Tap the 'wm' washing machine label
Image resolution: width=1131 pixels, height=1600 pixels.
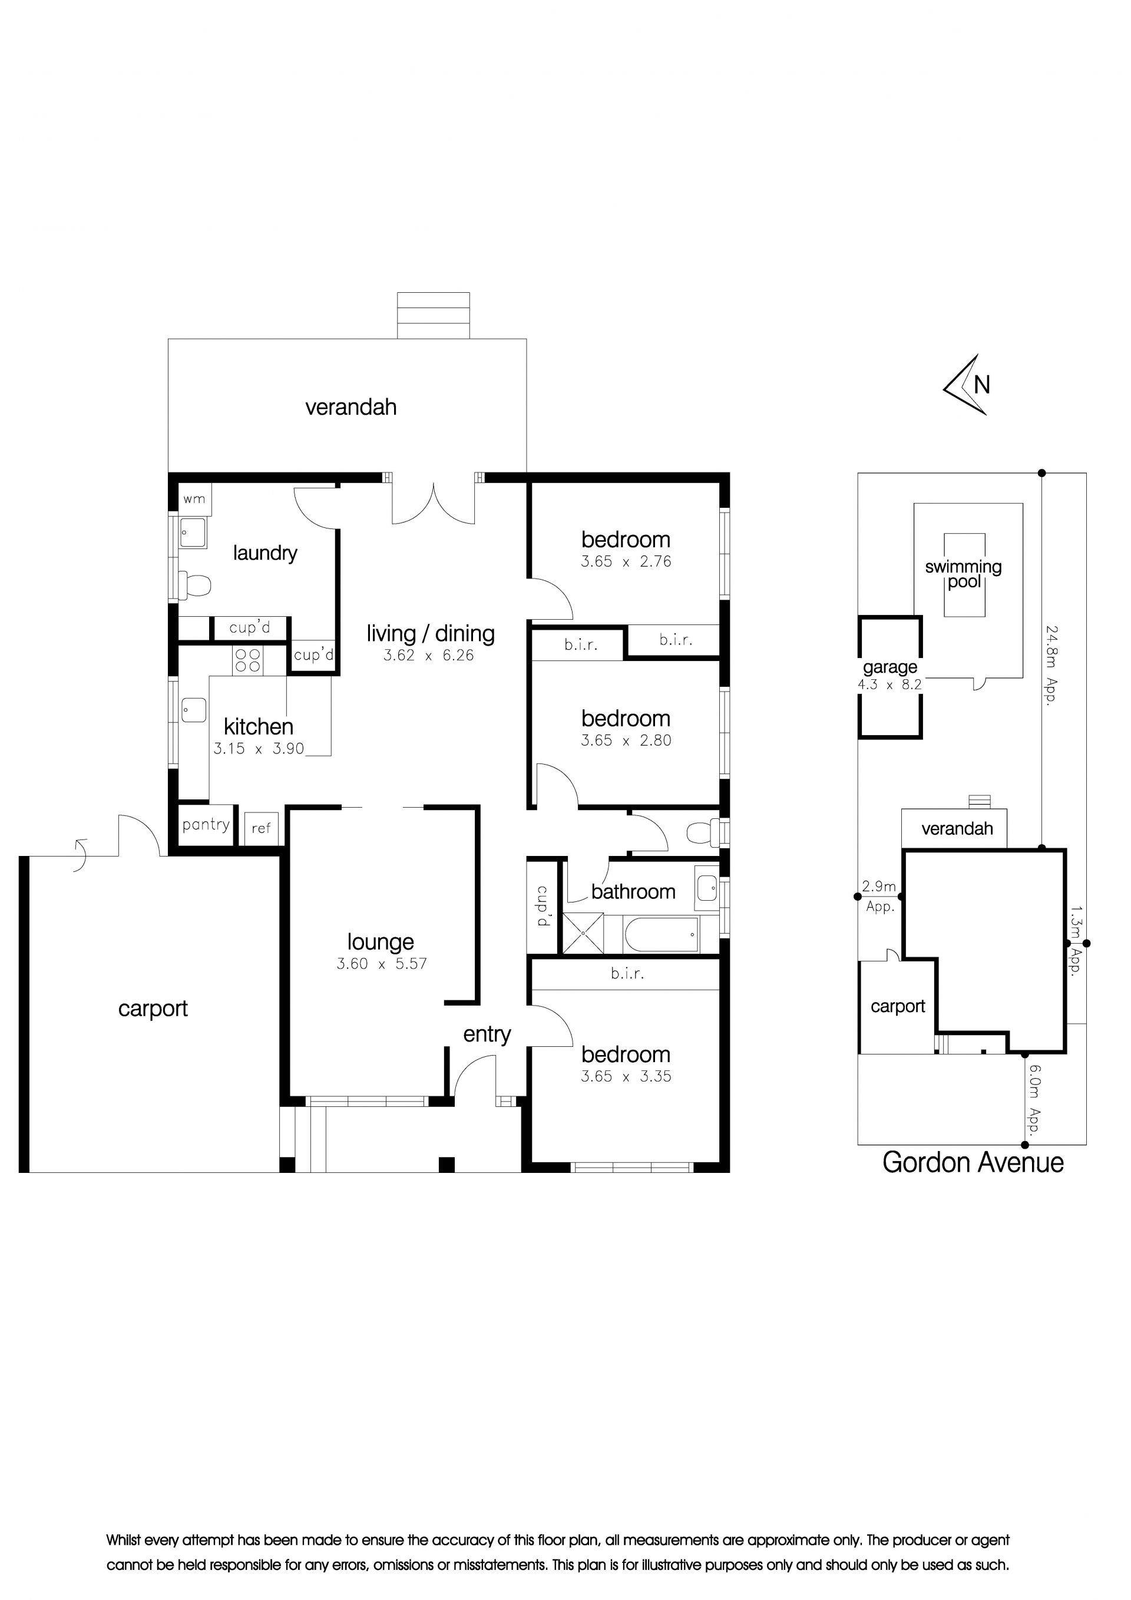pyautogui.click(x=194, y=499)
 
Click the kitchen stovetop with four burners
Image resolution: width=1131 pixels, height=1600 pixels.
pyautogui.click(x=247, y=660)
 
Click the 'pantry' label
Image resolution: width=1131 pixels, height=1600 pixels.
pyautogui.click(x=206, y=825)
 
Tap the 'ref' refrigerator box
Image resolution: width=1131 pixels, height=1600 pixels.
pyautogui.click(x=262, y=828)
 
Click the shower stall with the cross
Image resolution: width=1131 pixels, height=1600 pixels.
pyautogui.click(x=583, y=934)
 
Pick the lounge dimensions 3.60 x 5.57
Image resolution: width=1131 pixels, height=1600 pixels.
pyautogui.click(x=381, y=964)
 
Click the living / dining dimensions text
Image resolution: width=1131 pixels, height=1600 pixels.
pyautogui.click(x=429, y=655)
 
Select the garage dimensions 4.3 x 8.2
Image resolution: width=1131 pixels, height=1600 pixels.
pyautogui.click(x=890, y=685)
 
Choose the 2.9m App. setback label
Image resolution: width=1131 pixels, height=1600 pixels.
pyautogui.click(x=879, y=896)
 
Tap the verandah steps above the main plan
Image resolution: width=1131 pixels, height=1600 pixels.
pyautogui.click(x=433, y=315)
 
